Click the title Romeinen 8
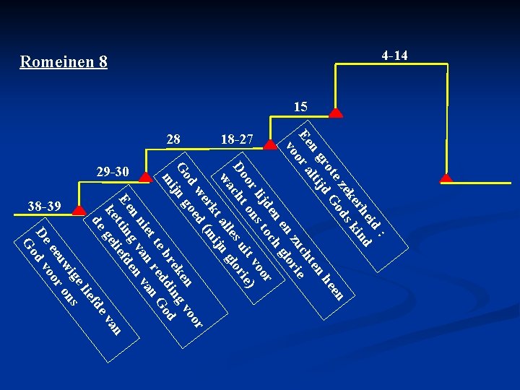click(64, 61)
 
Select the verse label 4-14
click(394, 56)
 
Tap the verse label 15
click(300, 107)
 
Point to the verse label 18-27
click(237, 139)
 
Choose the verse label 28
click(173, 139)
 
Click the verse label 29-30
click(113, 171)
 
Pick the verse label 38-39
click(45, 207)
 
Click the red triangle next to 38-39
click(79, 211)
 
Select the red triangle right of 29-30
click(145, 178)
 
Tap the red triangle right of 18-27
click(270, 144)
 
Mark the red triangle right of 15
click(336, 113)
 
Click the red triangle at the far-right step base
click(446, 178)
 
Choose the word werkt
click(207, 201)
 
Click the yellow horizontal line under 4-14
click(391, 64)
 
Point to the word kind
click(361, 235)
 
